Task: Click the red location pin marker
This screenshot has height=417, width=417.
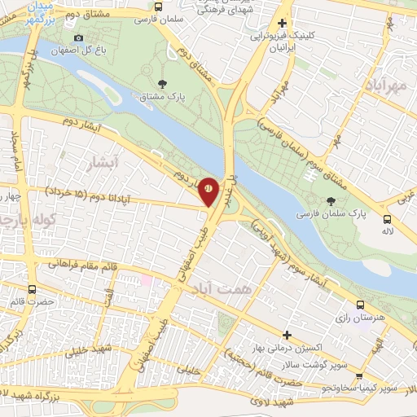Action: [208, 189]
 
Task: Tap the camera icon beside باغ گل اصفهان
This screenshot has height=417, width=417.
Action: [78, 38]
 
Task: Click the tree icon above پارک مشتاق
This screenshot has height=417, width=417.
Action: [163, 84]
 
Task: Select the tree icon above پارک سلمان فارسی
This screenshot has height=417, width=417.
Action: [330, 200]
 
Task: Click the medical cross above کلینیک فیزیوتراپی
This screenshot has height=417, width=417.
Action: [282, 24]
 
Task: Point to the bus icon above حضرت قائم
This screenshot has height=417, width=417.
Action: [32, 289]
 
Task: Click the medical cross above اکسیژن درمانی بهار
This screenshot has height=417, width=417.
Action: [287, 334]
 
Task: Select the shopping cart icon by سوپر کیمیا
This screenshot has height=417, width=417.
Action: [358, 376]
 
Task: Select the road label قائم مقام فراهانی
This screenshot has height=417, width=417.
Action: [81, 264]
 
